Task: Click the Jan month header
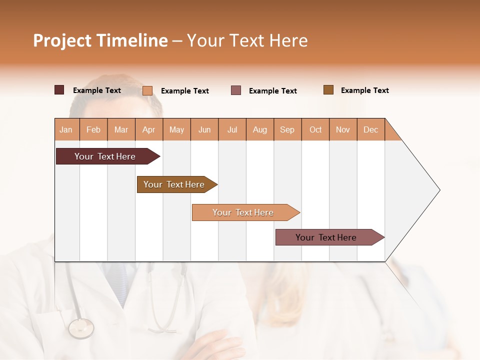pos(66,129)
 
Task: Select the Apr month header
pos(149,129)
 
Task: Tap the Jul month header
pos(232,129)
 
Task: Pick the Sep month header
pos(287,129)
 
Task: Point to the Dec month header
pos(370,129)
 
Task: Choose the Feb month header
pos(93,129)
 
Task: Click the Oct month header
pos(315,129)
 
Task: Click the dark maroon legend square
pos(59,90)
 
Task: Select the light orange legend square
pos(147,90)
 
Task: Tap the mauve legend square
pos(236,90)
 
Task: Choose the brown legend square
pos(328,90)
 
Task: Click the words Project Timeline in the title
pos(100,40)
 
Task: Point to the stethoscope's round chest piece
pos(81,328)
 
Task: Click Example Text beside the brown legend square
pos(364,90)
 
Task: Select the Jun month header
pos(204,129)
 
